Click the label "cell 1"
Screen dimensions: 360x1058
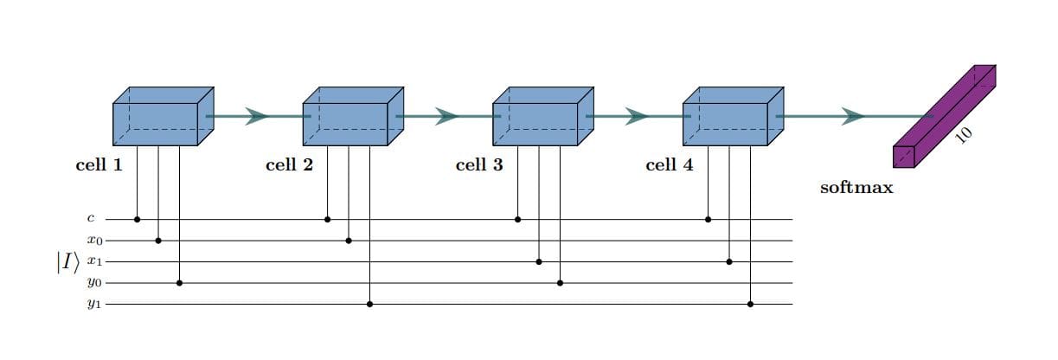(x=99, y=165)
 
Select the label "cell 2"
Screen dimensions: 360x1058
(x=289, y=165)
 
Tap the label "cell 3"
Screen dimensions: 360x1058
(x=478, y=165)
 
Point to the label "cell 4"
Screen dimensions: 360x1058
(x=669, y=165)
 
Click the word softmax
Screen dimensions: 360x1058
(x=856, y=187)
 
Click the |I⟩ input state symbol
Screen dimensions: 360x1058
(x=67, y=262)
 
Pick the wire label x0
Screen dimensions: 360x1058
(x=94, y=241)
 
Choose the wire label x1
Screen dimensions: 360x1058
(x=94, y=261)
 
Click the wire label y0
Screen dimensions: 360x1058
(x=94, y=283)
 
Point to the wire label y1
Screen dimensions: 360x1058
(x=94, y=304)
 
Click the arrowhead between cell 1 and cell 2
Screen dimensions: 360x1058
(x=256, y=116)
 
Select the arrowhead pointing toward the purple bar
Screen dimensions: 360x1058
(x=852, y=116)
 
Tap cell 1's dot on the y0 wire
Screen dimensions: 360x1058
(x=179, y=283)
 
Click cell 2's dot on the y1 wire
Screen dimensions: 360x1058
(x=369, y=304)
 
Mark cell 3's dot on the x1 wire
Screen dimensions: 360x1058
(x=539, y=261)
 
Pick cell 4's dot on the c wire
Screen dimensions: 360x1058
(x=708, y=220)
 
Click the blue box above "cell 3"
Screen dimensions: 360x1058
(x=535, y=122)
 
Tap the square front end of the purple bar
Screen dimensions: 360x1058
(x=903, y=157)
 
